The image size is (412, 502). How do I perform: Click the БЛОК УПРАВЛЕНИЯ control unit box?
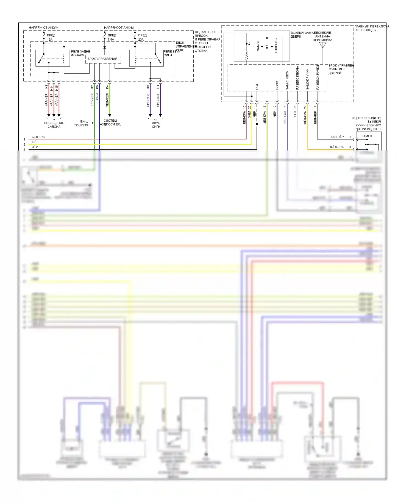pos(102,59)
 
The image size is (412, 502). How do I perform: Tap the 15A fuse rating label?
pos(49,40)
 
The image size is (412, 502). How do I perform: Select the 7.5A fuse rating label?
pos(111,40)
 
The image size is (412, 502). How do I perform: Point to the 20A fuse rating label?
pos(141,40)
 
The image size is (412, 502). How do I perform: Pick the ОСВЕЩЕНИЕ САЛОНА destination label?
pos(54,125)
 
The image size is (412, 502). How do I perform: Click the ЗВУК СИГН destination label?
pos(156,125)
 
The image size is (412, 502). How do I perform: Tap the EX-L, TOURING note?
pos(81,123)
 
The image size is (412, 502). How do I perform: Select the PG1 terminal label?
pos(257,87)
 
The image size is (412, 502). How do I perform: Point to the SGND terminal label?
pos(277,85)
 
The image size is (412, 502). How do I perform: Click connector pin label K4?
pos(107,87)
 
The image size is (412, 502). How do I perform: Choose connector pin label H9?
pos(148,87)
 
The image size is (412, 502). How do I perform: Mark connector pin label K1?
pos(46,87)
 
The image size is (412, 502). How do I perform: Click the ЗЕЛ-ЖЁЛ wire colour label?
pos(107,100)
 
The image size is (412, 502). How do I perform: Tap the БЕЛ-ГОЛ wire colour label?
pos(285,117)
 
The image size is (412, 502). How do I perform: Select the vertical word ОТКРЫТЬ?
pos(276,46)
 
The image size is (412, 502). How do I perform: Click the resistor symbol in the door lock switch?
pos(247,56)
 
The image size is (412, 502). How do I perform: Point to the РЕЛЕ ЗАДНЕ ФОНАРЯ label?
pos(80,53)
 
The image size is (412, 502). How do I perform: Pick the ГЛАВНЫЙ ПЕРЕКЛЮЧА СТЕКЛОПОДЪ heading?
pos(372,28)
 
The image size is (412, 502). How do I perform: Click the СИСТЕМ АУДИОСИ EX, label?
pos(110,122)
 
